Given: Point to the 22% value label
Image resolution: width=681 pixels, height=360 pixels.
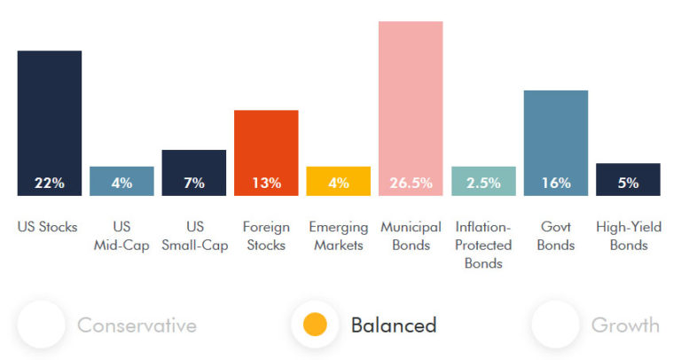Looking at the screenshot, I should coord(50,184).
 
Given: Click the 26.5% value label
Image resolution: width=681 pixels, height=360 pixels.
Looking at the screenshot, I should coord(411,184).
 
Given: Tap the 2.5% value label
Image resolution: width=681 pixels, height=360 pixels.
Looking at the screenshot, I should coord(483,184).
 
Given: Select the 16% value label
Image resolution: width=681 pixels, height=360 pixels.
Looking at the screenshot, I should coord(556,184).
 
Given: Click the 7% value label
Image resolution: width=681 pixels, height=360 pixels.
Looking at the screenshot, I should coord(194,184).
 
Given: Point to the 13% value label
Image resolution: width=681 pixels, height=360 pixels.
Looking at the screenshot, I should coord(266,184).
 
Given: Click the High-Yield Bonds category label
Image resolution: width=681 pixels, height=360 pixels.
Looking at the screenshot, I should coord(628,236).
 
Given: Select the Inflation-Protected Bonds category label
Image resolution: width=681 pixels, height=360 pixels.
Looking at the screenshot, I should coord(483,245).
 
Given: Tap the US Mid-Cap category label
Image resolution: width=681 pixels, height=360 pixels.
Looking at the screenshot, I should coord(121,236).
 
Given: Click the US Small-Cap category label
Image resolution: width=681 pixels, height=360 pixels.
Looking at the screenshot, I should coord(194,236).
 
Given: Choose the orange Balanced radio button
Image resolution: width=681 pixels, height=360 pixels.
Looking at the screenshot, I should coord(315,325).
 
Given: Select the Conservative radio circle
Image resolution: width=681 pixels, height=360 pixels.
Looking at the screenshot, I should coord(41,325).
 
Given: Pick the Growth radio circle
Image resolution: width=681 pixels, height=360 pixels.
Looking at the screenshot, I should coord(555,325).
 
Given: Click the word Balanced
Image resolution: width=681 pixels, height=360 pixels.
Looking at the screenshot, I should coord(394,325).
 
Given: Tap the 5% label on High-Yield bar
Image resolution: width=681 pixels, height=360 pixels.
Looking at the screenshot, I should coord(628,184).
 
